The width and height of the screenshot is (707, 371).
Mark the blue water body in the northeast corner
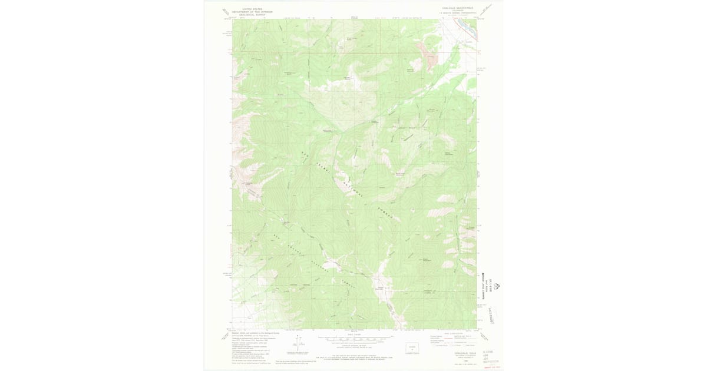click(x=468, y=27)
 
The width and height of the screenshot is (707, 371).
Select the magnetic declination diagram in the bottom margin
click(x=299, y=340)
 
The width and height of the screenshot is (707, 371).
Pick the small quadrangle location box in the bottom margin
click(x=412, y=347)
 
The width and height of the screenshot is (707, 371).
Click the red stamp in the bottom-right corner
click(x=488, y=366)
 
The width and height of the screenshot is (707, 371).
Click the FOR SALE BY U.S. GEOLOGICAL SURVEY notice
click(x=354, y=357)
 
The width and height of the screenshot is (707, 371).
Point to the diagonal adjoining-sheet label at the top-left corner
click(x=225, y=11)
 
